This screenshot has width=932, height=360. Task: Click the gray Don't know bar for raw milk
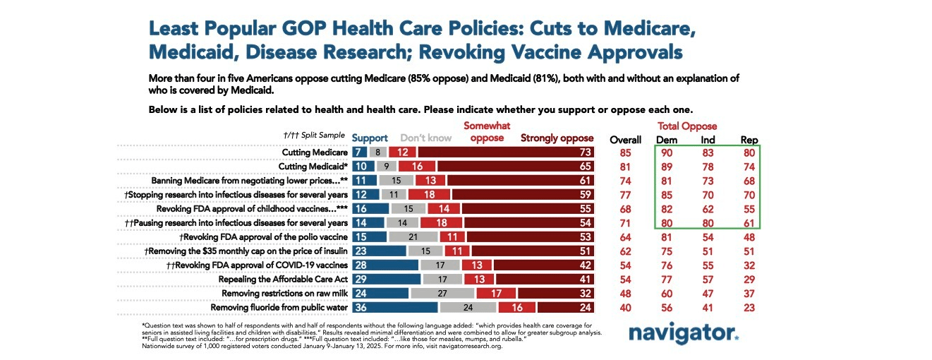(442, 292)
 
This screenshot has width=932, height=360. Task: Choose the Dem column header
(666, 140)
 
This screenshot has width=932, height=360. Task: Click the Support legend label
(370, 138)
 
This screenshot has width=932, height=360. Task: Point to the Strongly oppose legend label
(557, 138)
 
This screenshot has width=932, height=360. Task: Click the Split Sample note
(313, 135)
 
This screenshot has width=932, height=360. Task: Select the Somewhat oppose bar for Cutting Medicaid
(416, 167)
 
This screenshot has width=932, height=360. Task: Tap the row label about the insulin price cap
(246, 251)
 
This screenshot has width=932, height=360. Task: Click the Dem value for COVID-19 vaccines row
(666, 265)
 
